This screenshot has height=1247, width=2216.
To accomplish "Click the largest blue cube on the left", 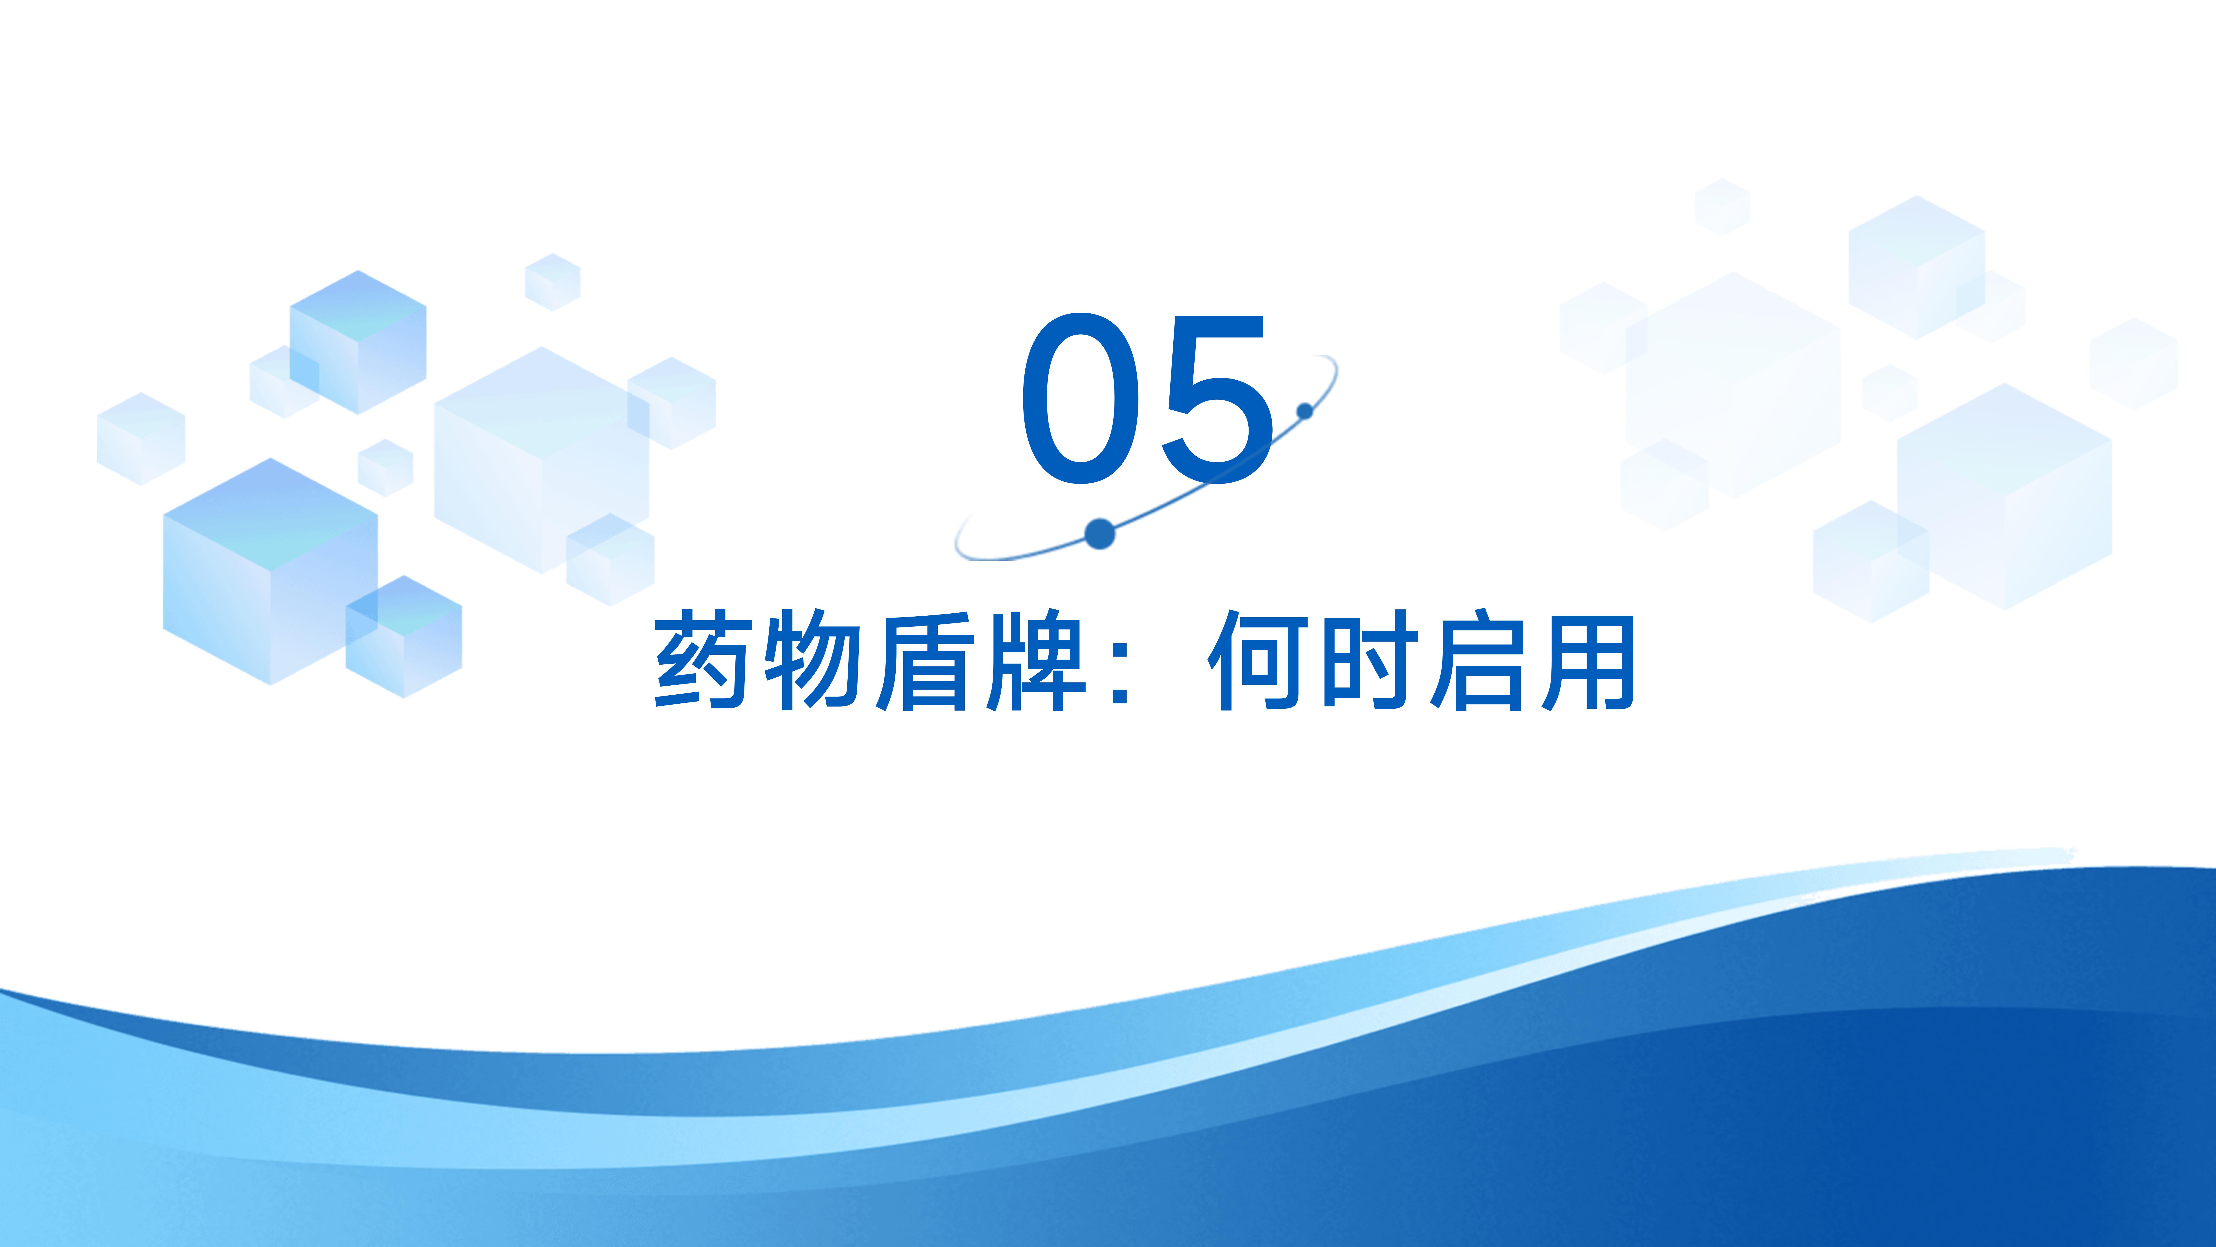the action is [270, 572].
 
